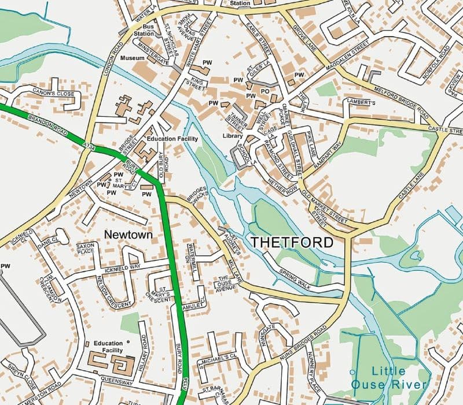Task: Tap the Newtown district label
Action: (128, 235)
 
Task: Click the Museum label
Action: (132, 58)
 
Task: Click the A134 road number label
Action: (89, 149)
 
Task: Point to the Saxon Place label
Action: (86, 249)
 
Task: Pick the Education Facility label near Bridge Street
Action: (172, 139)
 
